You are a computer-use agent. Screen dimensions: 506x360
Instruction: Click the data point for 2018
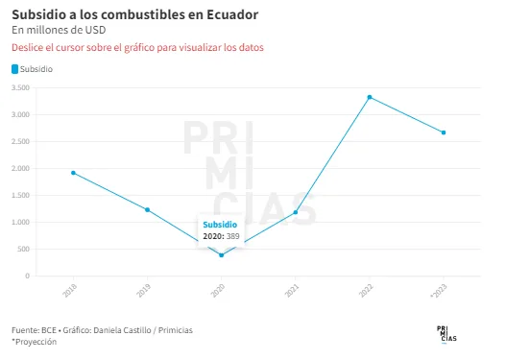[x=73, y=173]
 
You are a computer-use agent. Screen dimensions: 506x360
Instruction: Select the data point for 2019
[x=148, y=209]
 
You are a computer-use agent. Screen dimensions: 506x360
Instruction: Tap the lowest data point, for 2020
[x=222, y=255]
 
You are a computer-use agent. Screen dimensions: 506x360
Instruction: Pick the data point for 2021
[x=296, y=212]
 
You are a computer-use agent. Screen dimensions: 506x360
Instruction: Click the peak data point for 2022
[x=370, y=97]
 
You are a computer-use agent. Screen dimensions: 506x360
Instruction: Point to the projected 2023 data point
[x=444, y=132]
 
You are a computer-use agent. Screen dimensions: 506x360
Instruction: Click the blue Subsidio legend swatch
[x=14, y=69]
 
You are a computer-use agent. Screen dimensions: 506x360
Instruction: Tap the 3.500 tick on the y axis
[x=20, y=87]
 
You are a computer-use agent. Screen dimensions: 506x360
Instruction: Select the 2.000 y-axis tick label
[x=20, y=168]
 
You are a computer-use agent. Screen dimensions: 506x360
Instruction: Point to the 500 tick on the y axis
[x=24, y=249]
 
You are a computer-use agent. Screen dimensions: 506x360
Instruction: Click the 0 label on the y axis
[x=28, y=276]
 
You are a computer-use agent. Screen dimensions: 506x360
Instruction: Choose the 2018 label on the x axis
[x=70, y=290]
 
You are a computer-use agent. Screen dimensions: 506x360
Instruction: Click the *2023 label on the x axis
[x=439, y=291]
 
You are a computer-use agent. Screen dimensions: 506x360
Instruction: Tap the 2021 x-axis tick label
[x=292, y=290]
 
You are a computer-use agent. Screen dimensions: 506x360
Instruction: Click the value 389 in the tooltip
[x=233, y=236]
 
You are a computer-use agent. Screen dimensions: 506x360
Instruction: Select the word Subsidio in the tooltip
[x=220, y=225]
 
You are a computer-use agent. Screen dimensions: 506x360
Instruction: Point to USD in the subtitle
[x=95, y=30]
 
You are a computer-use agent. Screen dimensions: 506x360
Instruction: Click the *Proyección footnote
[x=35, y=342]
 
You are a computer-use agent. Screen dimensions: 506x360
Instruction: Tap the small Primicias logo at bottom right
[x=446, y=334]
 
